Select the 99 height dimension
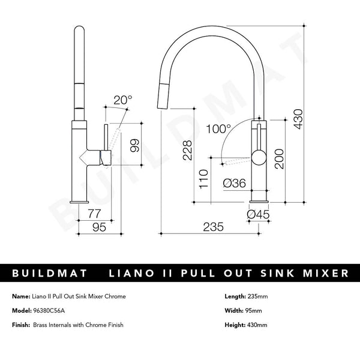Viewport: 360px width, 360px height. pyautogui.click(x=136, y=146)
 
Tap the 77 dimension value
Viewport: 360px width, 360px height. pyautogui.click(x=94, y=213)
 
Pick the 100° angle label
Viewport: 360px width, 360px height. pyautogui.click(x=218, y=128)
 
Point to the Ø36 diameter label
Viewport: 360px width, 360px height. pyautogui.click(x=233, y=184)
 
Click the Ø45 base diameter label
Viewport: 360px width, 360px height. pyautogui.click(x=259, y=212)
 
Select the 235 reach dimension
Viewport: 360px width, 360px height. pyautogui.click(x=213, y=227)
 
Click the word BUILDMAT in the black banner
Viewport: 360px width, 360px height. pyautogui.click(x=49, y=274)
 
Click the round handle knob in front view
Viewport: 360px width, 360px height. pyautogui.click(x=259, y=158)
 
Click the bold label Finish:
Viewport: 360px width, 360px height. pyautogui.click(x=20, y=325)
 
